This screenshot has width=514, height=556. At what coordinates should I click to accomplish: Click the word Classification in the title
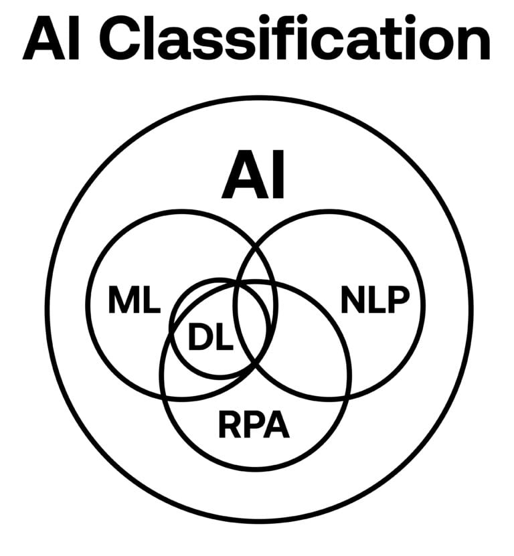point(298,41)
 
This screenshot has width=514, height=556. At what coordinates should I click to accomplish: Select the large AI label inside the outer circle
point(254,178)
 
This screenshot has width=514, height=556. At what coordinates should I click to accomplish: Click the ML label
point(134,302)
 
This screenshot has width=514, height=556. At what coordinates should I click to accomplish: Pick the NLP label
point(374,302)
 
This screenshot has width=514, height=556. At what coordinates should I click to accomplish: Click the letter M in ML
point(124,302)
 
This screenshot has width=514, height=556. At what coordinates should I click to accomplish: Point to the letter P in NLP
point(396,302)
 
